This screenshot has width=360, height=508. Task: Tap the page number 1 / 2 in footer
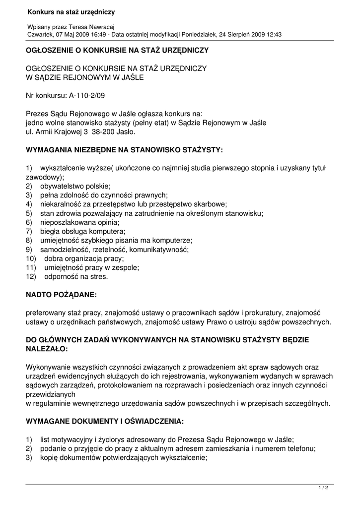click(323, 488)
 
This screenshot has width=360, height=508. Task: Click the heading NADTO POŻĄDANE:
click(61, 295)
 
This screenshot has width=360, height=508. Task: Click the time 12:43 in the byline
click(273, 35)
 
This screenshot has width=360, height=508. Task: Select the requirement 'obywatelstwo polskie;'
click(75, 186)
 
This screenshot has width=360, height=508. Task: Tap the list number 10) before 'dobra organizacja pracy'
click(31, 258)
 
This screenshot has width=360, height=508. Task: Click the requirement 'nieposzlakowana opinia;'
click(80, 222)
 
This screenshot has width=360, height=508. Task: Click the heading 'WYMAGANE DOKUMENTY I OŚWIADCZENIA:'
click(105, 421)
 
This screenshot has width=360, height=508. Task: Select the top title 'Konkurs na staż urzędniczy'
click(71, 12)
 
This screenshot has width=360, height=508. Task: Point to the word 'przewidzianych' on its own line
click(50, 394)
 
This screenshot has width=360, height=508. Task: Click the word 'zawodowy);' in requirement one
click(45, 177)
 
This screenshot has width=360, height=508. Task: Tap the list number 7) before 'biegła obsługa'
click(29, 231)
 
